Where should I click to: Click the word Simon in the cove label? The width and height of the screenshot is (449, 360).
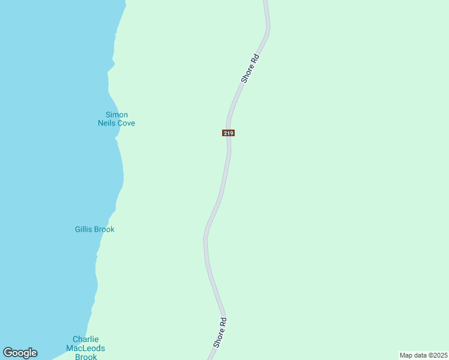pos(116,115)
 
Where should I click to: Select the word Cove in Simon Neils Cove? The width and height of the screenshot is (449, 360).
pos(127,123)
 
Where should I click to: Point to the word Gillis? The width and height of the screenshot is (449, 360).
pos(85,229)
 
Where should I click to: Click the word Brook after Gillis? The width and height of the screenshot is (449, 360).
pos(104,229)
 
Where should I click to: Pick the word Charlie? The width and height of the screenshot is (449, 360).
pos(85,339)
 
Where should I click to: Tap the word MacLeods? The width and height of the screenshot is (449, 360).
pos(85,348)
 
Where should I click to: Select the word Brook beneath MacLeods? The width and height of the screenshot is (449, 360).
pos(85,356)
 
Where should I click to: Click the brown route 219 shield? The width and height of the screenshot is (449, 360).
pos(228,133)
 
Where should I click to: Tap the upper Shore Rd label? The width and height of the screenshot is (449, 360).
pos(250,68)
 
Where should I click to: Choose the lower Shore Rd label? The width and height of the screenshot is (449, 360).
pos(220,332)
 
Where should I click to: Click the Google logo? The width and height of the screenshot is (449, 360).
pos(20,353)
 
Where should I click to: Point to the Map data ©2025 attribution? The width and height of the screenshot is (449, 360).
pos(424,355)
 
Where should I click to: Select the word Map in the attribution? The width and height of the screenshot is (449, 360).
pos(406,355)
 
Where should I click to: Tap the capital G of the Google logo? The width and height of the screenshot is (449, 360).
pos(7,352)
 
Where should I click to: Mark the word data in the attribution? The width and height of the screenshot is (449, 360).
pos(420,355)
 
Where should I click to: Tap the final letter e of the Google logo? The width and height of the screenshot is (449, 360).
pos(34,353)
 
